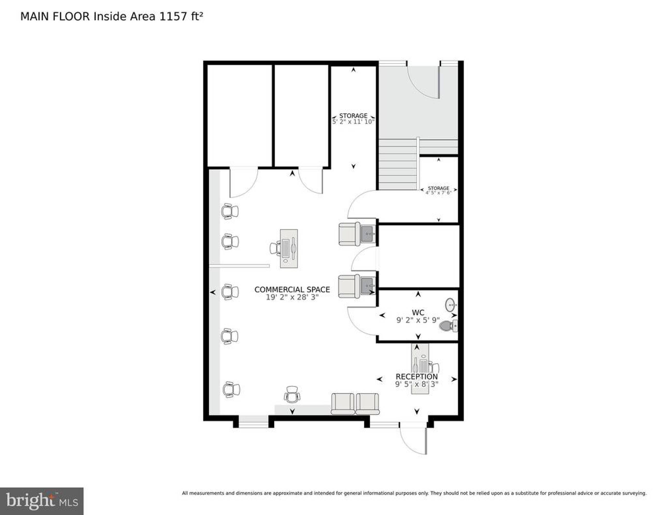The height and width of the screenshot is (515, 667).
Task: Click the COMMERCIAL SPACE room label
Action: [292, 289]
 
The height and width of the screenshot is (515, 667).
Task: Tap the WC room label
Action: [418, 312]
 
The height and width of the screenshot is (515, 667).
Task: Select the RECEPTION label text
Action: [417, 376]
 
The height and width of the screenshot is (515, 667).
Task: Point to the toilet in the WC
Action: [448, 326]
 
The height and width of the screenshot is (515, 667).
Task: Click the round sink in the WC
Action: [451, 304]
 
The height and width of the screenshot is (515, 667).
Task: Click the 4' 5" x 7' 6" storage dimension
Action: [438, 193]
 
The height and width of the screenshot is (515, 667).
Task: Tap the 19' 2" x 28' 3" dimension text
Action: [292, 297]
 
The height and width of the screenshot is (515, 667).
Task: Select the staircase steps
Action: [398, 164]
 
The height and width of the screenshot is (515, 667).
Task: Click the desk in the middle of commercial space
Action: [289, 248]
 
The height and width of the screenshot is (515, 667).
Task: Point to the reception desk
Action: [420, 369]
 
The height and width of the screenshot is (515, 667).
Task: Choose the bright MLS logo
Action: [42, 501]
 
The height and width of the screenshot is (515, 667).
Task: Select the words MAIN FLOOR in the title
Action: [55, 16]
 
